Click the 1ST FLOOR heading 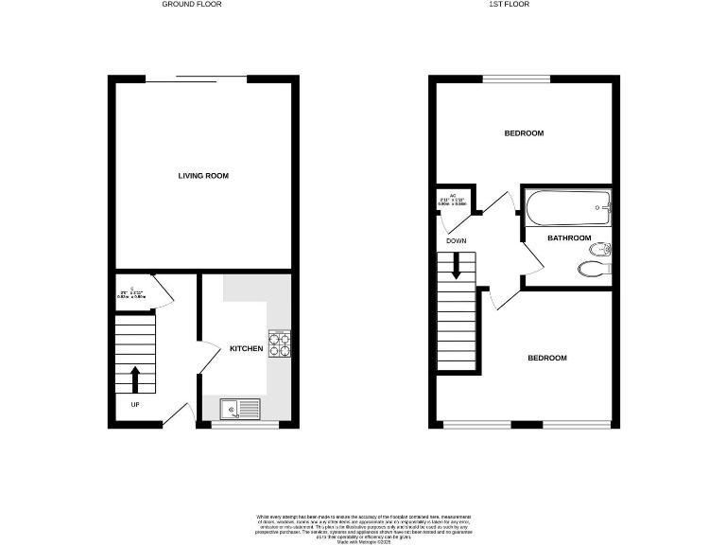coord(509,5)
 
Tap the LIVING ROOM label coord(203,176)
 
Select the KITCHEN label coord(246,349)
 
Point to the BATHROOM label coord(569,237)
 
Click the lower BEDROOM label coord(546,358)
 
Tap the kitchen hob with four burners coord(280,343)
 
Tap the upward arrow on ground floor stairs coord(134,378)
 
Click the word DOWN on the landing coord(457,240)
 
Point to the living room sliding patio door coord(197,78)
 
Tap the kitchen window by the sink coord(245,425)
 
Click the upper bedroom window coord(517,78)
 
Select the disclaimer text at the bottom coord(363,525)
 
